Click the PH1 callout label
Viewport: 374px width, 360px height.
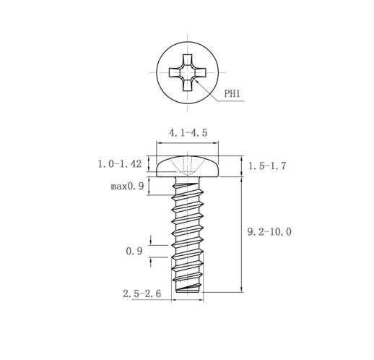click(232, 94)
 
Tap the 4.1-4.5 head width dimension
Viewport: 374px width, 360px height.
click(188, 133)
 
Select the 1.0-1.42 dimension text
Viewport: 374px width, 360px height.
click(120, 164)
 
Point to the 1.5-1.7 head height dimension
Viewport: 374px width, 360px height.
click(267, 166)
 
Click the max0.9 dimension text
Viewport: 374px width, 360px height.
click(127, 186)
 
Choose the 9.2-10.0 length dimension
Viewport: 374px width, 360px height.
click(269, 232)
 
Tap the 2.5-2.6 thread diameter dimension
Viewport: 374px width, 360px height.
click(142, 293)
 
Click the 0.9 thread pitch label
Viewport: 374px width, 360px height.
click(134, 251)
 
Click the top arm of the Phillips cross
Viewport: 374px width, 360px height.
click(188, 60)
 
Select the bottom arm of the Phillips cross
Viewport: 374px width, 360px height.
click(188, 85)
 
